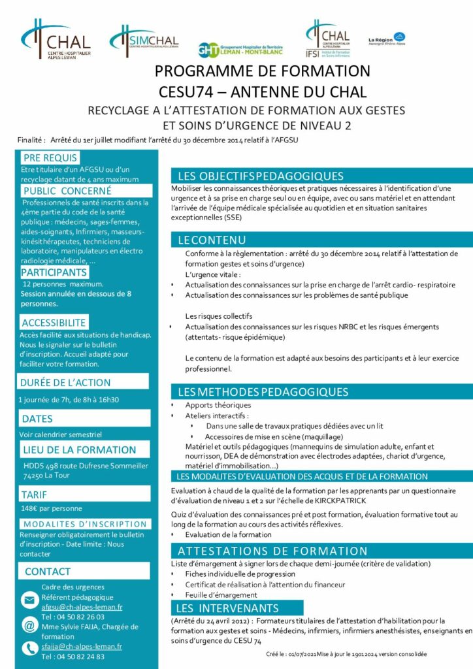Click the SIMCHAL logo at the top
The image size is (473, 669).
tap(143, 41)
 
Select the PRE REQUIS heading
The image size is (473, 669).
tap(50, 157)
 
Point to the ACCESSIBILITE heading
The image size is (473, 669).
tap(54, 323)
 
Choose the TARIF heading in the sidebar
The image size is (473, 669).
tap(35, 495)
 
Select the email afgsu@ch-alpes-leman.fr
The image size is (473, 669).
tap(82, 607)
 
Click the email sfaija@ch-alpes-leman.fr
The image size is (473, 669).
tap(82, 646)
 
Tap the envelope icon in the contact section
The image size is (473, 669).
tap(29, 600)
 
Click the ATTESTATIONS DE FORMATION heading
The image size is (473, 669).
tap(272, 551)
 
